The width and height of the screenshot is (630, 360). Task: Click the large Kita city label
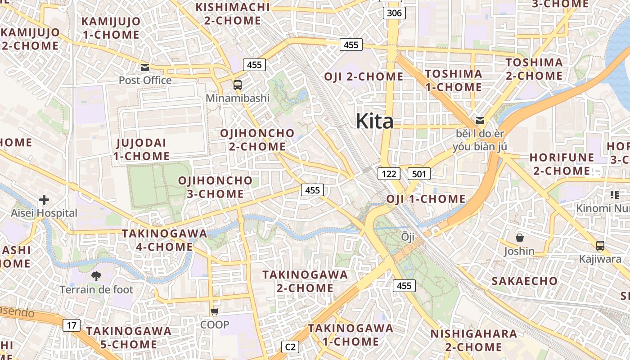coord(374,121)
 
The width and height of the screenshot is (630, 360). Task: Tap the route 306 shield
coord(394,13)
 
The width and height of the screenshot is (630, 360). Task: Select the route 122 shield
coord(388,174)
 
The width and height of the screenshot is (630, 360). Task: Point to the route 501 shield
coord(419,174)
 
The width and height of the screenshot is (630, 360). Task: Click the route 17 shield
coord(72,325)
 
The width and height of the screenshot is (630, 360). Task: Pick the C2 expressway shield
coord(290,347)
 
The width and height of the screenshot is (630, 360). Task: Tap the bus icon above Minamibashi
coord(237,85)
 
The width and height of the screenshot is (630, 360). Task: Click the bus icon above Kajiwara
coord(600,246)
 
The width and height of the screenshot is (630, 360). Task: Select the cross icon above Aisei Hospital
coord(44,199)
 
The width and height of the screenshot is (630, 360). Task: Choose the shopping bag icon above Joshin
coord(519,237)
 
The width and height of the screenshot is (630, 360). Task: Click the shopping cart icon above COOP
coord(215,311)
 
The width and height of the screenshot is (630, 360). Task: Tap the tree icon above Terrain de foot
coord(96,276)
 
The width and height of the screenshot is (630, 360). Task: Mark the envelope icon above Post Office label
coord(145,67)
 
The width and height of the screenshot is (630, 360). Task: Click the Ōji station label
coord(408,237)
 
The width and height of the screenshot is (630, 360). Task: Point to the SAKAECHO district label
coord(524,281)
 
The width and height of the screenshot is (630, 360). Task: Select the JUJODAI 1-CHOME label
coord(141,149)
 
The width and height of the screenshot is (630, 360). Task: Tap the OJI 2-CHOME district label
coord(364,76)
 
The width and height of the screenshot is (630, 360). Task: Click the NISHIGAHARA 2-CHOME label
coord(473,340)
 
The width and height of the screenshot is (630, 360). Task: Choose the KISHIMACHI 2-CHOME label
coord(232,13)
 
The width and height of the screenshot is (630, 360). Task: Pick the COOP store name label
coord(215,324)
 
